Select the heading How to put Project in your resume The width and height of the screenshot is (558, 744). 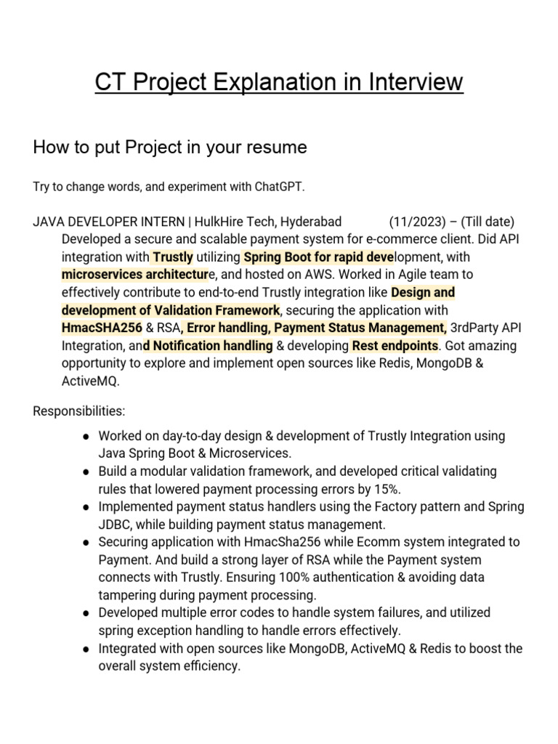[x=170, y=147]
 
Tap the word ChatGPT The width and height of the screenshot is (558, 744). [x=279, y=187]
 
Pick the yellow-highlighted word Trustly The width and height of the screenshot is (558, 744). [x=173, y=256]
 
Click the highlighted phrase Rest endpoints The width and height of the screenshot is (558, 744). [x=395, y=345]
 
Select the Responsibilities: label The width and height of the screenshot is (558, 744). [x=79, y=411]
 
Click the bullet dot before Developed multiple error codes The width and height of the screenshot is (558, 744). [x=86, y=613]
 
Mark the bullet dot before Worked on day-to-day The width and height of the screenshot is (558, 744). [x=86, y=436]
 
